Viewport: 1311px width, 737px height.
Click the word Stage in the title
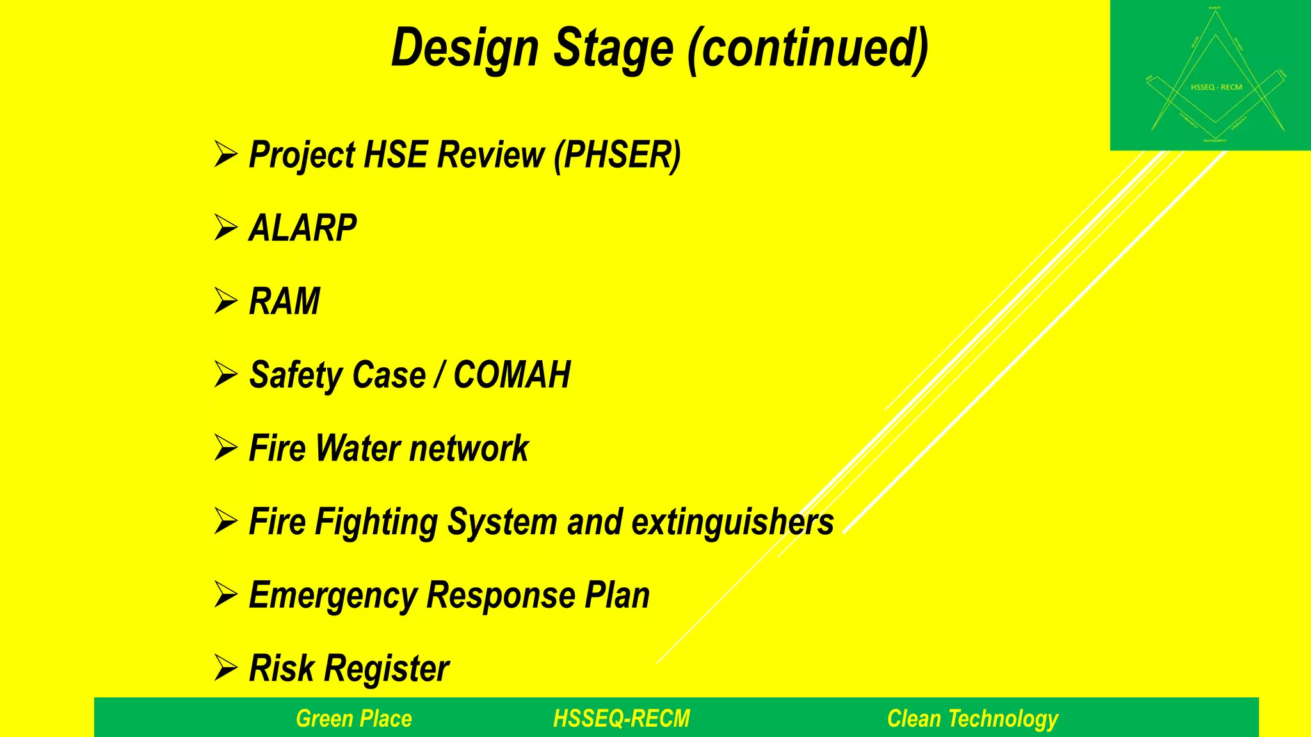[x=613, y=49]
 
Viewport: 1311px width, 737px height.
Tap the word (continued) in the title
[x=808, y=49]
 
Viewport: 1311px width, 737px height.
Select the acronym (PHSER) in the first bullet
[x=617, y=155]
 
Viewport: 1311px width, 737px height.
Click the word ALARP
[x=303, y=228]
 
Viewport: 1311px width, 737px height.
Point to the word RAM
[x=284, y=301]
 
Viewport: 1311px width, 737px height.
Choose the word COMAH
[x=511, y=375]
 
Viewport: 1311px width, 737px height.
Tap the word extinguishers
[x=733, y=522]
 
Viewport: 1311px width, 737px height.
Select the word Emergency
[x=332, y=596]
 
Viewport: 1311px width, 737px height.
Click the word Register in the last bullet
[x=387, y=669]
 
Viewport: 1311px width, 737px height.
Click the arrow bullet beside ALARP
[x=226, y=228]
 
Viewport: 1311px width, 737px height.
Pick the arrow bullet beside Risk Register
[x=226, y=668]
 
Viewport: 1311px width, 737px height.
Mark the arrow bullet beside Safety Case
[x=226, y=374]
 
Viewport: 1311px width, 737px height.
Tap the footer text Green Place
[x=354, y=718]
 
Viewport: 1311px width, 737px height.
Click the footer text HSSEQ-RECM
[x=622, y=718]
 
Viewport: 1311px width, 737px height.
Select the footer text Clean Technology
[x=972, y=718]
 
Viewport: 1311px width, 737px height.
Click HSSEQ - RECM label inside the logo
[x=1216, y=87]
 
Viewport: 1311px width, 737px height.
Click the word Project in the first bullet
[x=301, y=155]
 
